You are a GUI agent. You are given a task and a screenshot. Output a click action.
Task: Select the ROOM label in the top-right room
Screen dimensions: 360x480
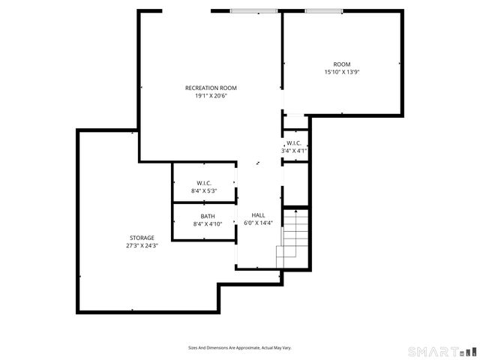342,64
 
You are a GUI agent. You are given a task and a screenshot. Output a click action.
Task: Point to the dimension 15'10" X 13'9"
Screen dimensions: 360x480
342,73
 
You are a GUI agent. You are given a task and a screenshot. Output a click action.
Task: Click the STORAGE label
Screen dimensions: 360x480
141,238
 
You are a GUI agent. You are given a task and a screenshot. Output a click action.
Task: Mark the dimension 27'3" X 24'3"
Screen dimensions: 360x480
141,246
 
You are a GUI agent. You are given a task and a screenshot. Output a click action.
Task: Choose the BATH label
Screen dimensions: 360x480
208,216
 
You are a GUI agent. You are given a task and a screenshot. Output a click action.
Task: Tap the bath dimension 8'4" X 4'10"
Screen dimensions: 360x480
208,223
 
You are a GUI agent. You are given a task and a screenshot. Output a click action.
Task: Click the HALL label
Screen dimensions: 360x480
258,214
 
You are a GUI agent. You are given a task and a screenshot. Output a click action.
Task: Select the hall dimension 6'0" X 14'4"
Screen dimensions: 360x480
258,223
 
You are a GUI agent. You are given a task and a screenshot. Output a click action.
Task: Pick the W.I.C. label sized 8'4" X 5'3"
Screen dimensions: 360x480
204,183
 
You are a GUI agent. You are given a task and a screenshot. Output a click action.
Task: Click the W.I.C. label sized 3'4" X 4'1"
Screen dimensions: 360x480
294,142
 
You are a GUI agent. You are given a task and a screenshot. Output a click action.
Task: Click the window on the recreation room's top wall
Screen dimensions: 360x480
253,11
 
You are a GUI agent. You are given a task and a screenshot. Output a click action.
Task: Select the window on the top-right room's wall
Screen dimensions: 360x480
324,11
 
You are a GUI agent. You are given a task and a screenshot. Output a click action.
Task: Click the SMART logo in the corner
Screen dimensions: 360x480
441,351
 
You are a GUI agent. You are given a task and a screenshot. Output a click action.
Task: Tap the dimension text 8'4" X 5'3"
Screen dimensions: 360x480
204,191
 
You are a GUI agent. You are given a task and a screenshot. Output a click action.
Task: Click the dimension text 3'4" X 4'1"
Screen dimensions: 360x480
294,151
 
